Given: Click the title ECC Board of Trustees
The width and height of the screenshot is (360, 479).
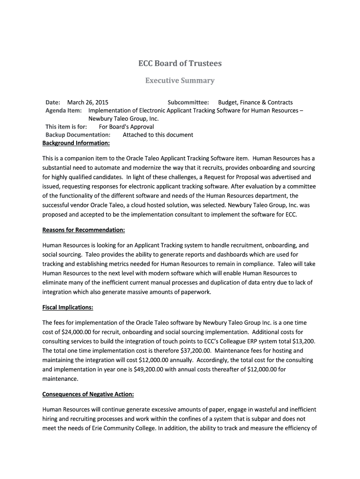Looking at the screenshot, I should (180, 63).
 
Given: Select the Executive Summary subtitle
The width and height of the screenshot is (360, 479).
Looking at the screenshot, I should (180, 80).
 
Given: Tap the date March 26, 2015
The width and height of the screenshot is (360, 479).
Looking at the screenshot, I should (88, 102).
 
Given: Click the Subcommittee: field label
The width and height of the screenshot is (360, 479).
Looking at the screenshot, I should (188, 102).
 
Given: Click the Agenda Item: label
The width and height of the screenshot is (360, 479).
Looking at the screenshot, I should (64, 110).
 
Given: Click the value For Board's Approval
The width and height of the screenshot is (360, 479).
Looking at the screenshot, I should (126, 127).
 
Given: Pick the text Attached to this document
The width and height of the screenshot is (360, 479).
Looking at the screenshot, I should (158, 135).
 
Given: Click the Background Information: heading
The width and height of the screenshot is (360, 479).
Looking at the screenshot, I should (76, 143).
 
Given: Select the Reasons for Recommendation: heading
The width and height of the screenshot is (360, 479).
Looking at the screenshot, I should (84, 230).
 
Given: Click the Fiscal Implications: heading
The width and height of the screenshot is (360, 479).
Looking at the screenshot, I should (68, 307).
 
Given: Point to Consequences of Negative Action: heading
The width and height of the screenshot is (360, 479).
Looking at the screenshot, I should (88, 394).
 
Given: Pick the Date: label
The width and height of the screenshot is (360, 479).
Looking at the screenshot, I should (53, 102).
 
